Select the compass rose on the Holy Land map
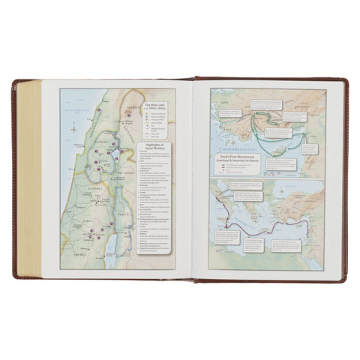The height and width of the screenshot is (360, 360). pos(74,129)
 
